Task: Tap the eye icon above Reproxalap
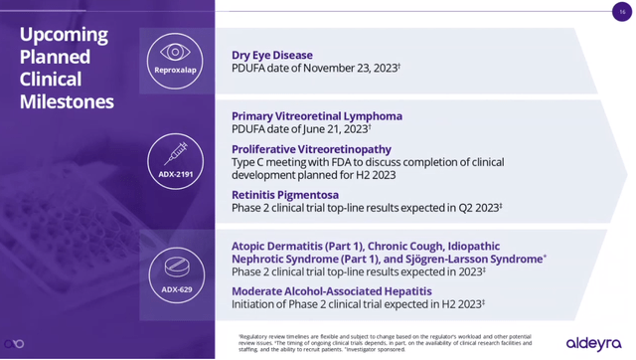click(176, 52)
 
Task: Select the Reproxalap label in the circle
click(176, 71)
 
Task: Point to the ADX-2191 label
click(176, 174)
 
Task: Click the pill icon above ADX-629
click(176, 269)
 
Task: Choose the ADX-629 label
click(176, 289)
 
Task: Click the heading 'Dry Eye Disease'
click(271, 55)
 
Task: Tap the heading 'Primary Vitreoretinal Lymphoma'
click(316, 115)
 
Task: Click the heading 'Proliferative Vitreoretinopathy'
click(311, 149)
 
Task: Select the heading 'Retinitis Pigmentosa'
click(284, 195)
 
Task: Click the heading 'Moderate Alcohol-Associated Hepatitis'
click(331, 290)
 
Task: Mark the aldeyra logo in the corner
click(593, 342)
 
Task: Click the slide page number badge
click(622, 11)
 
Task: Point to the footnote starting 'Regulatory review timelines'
click(383, 338)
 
